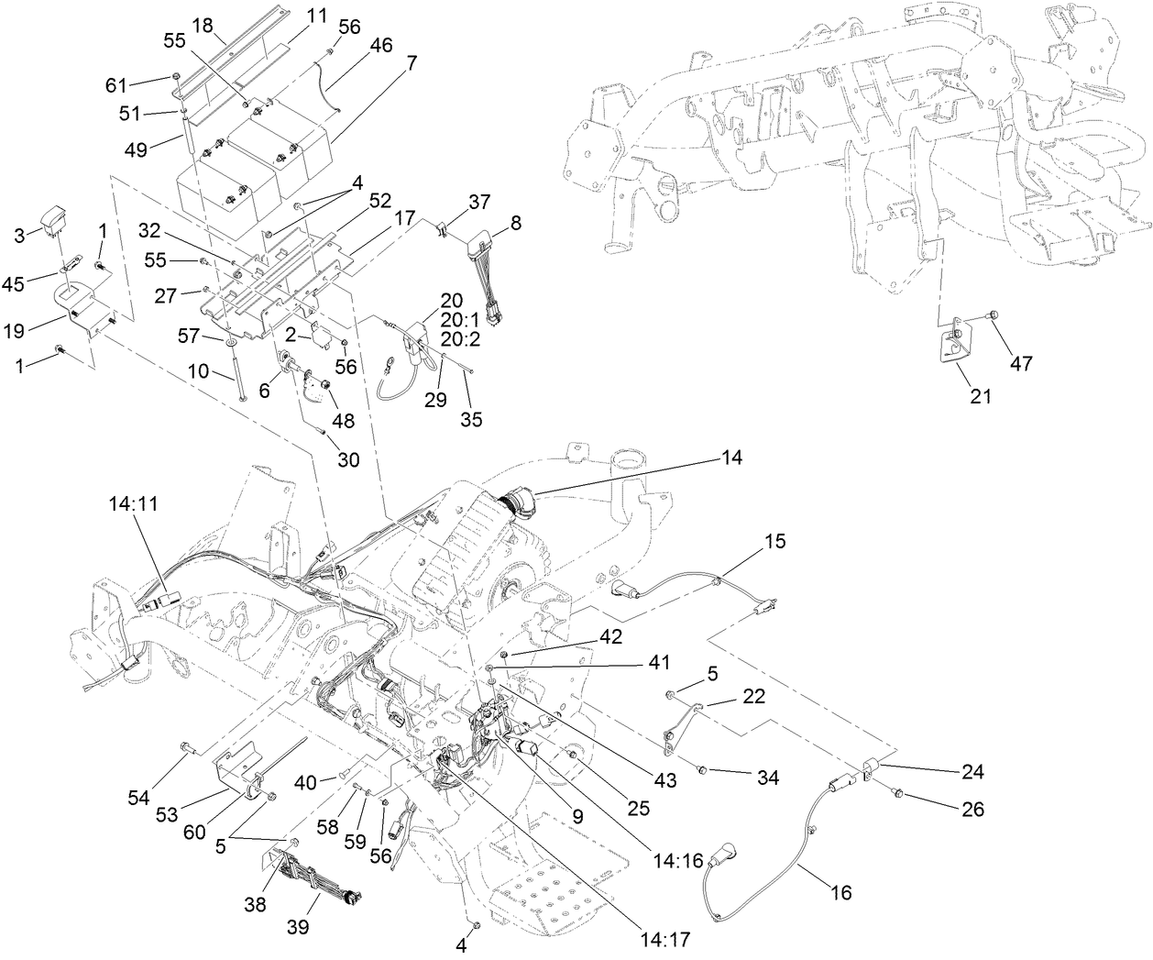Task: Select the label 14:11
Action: click(x=132, y=504)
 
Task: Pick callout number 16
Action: click(x=840, y=892)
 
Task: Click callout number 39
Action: click(x=297, y=927)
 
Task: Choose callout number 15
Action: click(x=774, y=542)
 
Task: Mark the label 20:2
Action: click(x=452, y=339)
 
